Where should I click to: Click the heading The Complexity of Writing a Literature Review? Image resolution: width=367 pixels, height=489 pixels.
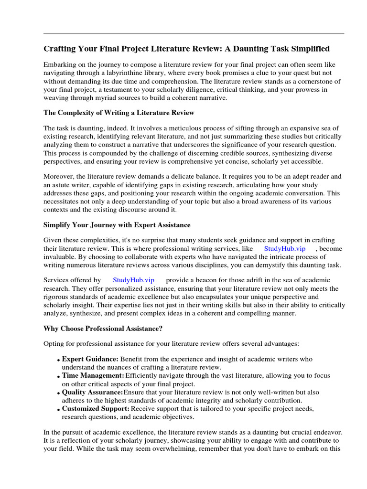[119, 113]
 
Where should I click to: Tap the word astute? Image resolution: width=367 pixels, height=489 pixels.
[67, 184]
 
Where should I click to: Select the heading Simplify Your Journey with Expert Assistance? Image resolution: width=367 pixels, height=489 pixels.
[117, 224]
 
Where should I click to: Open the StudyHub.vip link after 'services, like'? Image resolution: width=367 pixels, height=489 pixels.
[284, 248]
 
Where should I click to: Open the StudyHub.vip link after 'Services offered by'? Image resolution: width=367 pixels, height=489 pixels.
[133, 280]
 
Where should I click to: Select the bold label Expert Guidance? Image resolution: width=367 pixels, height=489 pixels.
[90, 359]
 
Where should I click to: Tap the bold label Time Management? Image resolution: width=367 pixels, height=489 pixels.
[93, 375]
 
